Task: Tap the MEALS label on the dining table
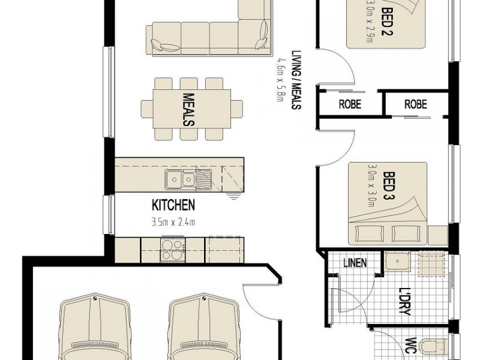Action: click(187, 109)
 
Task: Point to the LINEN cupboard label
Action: click(355, 263)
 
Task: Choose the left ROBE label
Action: click(350, 104)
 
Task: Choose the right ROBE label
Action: click(415, 104)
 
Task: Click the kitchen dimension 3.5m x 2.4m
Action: click(175, 221)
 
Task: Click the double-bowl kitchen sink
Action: click(181, 178)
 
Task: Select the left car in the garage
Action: click(95, 327)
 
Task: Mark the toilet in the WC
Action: click(433, 347)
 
